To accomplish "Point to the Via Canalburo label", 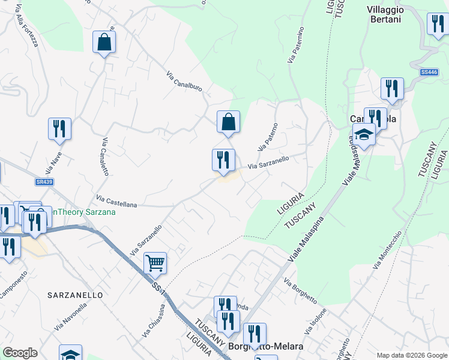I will click(184, 85).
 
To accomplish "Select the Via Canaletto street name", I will click(106, 157).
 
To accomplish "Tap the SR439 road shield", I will click(41, 181).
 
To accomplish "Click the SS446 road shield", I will click(429, 72).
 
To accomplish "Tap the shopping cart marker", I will click(155, 262).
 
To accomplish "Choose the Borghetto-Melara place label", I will click(257, 347).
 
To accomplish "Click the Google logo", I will click(20, 353).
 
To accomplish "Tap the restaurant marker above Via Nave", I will click(59, 129).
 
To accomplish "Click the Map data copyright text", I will click(411, 355).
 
